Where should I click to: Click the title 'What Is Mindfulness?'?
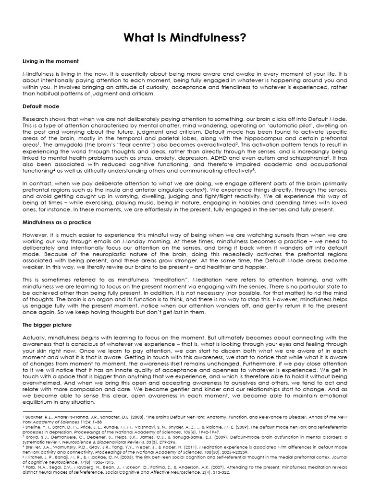(x=184, y=38)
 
